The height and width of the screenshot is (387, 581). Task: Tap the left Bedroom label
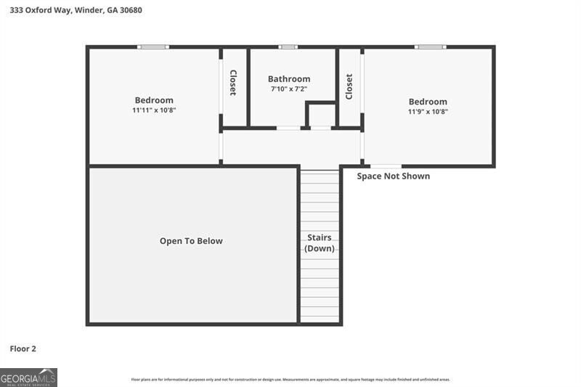154,100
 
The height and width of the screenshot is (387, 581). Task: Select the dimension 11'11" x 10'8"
154,110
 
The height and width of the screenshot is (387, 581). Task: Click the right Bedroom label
428,102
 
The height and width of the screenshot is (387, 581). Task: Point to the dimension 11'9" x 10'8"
428,112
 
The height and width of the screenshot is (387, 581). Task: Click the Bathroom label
289,79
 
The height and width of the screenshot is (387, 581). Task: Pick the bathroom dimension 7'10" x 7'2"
289,89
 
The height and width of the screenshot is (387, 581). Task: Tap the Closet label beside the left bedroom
233,83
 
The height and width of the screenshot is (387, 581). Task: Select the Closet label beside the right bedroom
349,86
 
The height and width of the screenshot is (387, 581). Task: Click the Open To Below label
191,241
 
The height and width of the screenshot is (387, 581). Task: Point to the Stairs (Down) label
320,243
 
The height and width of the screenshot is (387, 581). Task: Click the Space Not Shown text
394,176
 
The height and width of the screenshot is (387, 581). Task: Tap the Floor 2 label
23,349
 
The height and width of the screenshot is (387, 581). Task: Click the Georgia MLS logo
28,378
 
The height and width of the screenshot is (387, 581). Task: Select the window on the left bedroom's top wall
153,47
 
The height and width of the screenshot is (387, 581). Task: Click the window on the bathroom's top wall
288,47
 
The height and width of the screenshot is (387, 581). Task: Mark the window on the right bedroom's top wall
430,47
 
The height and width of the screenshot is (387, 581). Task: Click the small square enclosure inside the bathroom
321,115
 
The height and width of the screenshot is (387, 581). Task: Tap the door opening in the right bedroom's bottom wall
385,166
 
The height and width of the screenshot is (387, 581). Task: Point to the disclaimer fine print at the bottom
290,379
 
